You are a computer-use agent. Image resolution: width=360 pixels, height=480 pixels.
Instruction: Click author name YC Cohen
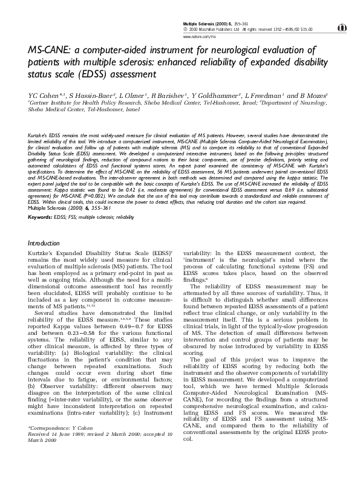coord(42,96)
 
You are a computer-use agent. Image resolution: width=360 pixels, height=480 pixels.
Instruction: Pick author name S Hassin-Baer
coord(87,96)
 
